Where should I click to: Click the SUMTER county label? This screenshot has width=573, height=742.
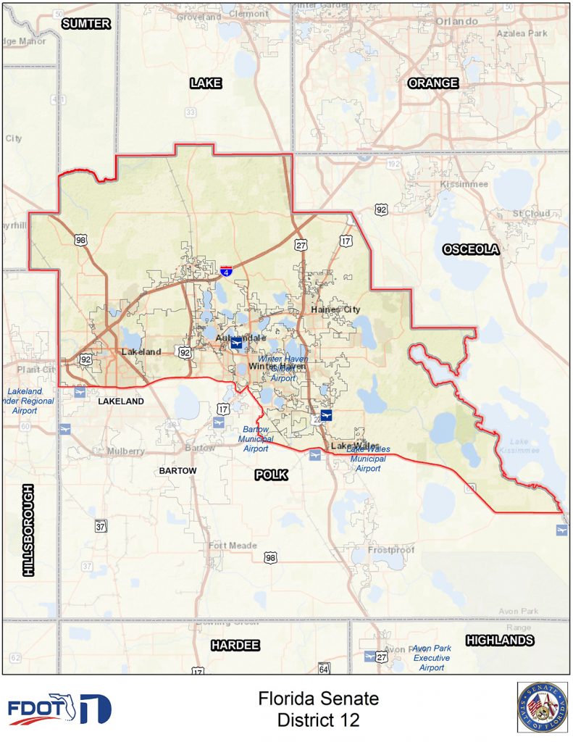coord(86,23)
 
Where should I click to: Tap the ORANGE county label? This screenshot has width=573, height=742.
coord(433,83)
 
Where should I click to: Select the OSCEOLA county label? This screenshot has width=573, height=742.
coord(471,249)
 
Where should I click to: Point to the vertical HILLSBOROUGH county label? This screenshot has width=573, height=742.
coord(29,530)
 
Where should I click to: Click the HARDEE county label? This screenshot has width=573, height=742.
coord(235,645)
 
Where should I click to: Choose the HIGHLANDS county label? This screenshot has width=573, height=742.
coord(500,640)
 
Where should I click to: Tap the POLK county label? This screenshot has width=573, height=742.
coord(271,475)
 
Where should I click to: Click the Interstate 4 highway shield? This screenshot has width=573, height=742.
coord(227,272)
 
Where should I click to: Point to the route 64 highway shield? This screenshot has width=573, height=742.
coord(324,667)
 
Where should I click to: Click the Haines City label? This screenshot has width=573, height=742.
coord(335,309)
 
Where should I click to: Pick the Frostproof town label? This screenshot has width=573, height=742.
coord(391,550)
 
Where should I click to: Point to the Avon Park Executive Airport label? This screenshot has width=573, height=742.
coord(432,658)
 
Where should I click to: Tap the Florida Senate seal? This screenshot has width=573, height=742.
coord(543,707)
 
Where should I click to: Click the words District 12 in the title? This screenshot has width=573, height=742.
coord(318,720)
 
